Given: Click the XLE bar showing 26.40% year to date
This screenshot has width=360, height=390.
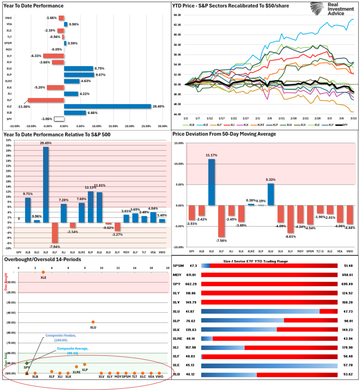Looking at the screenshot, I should point(107,106).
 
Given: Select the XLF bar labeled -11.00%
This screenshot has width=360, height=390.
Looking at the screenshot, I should point(46,100).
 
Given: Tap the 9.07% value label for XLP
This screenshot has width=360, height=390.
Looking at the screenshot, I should point(100,75).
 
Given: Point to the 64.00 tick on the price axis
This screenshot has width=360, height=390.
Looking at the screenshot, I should point(176,15).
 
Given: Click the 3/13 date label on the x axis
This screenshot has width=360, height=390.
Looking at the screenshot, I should point(354,118).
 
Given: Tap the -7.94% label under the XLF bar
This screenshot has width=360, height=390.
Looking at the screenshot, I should point(54,246).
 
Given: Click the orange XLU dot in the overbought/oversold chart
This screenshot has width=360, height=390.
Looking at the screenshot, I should point(93,322).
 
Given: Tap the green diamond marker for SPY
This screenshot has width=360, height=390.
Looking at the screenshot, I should point(27,363).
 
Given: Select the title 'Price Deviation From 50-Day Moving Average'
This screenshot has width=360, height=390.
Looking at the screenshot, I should point(224,134).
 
